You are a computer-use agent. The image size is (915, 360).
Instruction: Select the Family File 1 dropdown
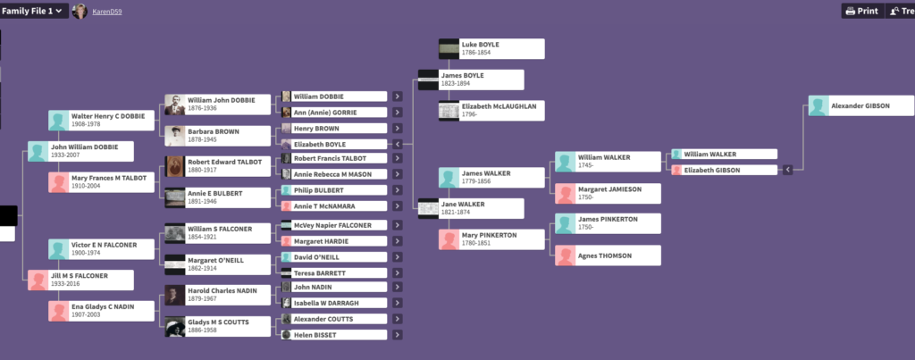(33, 11)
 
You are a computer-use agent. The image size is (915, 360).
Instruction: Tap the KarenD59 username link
(106, 12)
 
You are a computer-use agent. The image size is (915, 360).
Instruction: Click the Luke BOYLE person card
(491, 48)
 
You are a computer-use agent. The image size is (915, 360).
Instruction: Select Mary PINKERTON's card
(491, 239)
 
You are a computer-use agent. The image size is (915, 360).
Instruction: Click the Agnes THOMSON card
(608, 255)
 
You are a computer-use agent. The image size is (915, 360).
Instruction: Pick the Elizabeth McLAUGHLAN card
(491, 111)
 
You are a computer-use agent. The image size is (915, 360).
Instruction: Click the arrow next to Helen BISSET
(398, 335)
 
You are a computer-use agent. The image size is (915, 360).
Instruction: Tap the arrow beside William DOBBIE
(398, 96)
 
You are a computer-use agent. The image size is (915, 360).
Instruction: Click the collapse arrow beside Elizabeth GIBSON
(787, 170)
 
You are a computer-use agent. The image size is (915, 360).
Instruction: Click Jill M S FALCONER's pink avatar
(38, 280)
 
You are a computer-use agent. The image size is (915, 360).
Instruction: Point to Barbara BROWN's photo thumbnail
(175, 136)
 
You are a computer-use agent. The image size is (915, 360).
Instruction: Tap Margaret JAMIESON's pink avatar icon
(565, 194)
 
